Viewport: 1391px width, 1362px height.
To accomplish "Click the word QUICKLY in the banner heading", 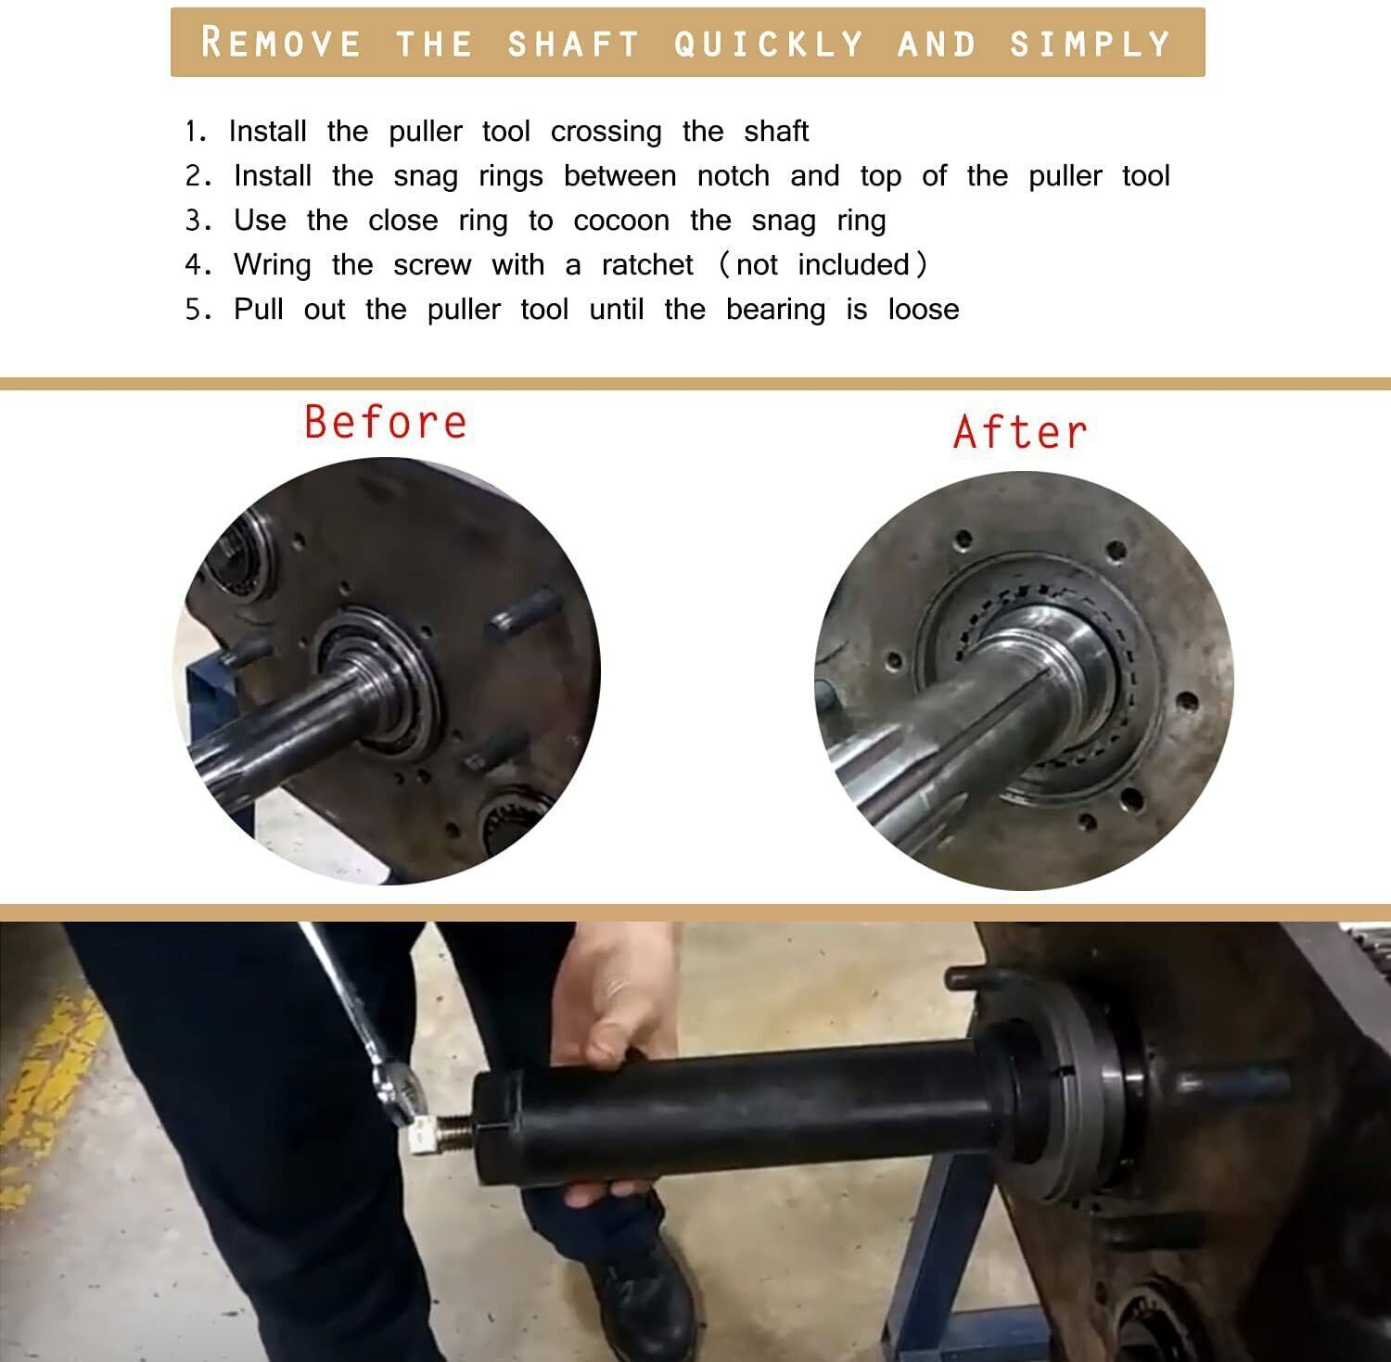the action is click(769, 44).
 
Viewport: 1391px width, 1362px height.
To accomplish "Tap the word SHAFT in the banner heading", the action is click(574, 44).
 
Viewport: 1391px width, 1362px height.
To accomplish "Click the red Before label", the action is click(386, 422).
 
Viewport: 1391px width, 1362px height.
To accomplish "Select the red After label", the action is click(1019, 432).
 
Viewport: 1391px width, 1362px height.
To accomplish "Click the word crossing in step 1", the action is click(606, 133).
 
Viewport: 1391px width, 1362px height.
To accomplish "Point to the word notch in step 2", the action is click(734, 176).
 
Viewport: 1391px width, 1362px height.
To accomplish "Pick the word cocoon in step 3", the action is click(621, 221).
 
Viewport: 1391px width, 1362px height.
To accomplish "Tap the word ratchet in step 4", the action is click(647, 265).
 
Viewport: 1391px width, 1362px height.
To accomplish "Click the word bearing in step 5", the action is click(775, 310).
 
